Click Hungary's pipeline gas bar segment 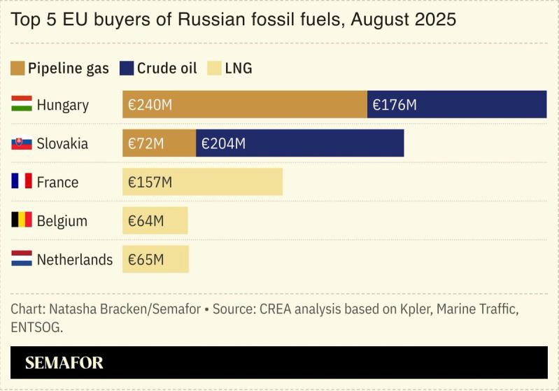click(x=245, y=105)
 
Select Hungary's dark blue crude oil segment click(x=456, y=105)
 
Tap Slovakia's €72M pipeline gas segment click(x=159, y=143)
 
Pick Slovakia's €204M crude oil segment click(x=299, y=143)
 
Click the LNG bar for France click(x=202, y=182)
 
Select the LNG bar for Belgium click(x=155, y=221)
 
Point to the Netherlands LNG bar click(x=155, y=260)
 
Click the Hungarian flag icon click(x=22, y=105)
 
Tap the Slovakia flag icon click(x=22, y=143)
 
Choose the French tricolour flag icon click(x=22, y=182)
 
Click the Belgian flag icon click(x=22, y=220)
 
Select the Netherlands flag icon click(x=22, y=260)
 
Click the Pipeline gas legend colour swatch click(x=17, y=69)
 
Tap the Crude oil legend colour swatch click(x=127, y=69)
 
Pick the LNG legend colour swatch click(x=214, y=69)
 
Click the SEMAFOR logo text click(x=64, y=363)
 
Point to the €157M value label click(x=150, y=183)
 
